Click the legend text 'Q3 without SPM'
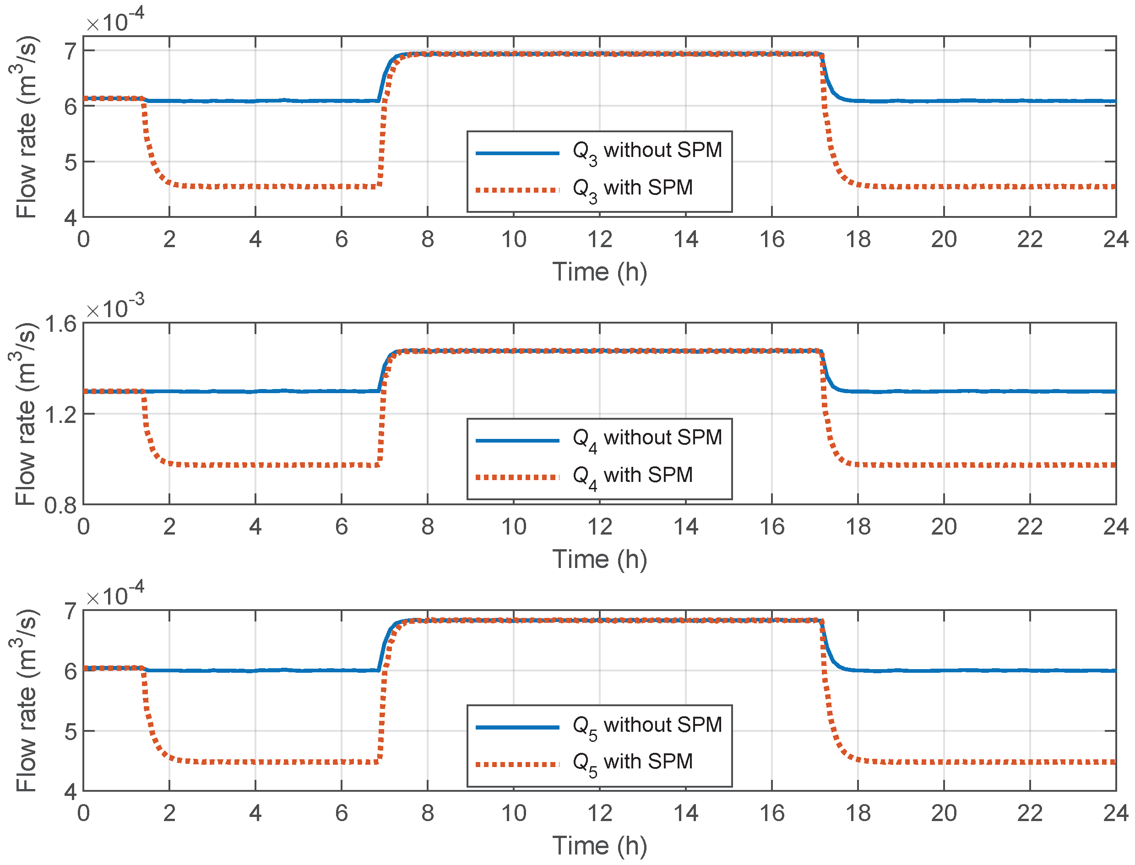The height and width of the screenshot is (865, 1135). (x=647, y=151)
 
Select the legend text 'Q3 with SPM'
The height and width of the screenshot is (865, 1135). (x=632, y=189)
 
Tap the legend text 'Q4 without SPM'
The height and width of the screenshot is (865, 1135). (x=647, y=438)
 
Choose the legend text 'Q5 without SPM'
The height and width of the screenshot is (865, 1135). (x=647, y=725)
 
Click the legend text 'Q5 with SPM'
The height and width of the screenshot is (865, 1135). (x=632, y=762)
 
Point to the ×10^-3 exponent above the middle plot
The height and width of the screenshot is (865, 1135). (x=115, y=308)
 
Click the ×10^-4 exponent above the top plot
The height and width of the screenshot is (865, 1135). (x=115, y=20)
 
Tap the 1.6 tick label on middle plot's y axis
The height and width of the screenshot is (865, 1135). (x=61, y=325)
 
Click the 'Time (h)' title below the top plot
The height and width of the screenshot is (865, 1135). (x=599, y=272)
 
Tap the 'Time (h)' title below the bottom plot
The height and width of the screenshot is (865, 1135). (x=599, y=846)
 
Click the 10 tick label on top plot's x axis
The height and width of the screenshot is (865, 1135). (x=513, y=239)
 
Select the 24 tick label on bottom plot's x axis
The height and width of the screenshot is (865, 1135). (x=1115, y=814)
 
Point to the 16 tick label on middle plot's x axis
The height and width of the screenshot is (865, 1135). (x=771, y=527)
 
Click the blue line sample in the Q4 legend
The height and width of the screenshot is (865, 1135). (x=517, y=441)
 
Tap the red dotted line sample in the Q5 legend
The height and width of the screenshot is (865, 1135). (x=517, y=765)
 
